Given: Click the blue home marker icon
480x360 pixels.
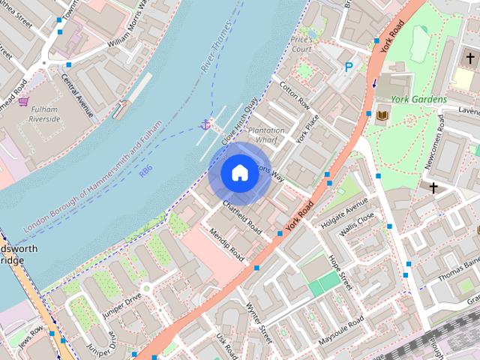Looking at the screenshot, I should [x=238, y=173].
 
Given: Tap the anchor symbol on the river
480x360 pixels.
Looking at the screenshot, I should [x=205, y=124].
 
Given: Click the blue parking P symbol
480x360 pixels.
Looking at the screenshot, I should [x=349, y=67].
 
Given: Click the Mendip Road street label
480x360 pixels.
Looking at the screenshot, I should [x=226, y=244].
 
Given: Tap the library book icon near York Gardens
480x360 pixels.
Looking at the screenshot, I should [x=382, y=115].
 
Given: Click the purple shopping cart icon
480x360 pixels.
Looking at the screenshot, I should [x=23, y=101].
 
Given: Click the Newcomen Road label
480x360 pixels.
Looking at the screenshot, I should [x=453, y=157].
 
